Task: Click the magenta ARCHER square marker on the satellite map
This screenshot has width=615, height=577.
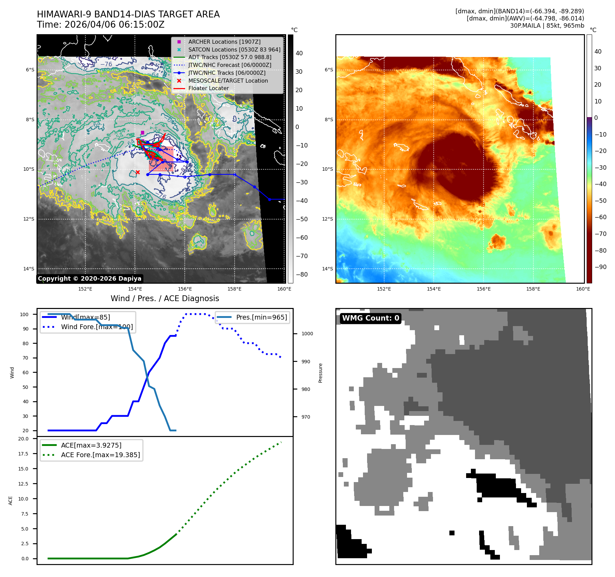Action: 142,133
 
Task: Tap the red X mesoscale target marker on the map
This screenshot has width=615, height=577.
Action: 138,172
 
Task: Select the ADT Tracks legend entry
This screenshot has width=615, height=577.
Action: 229,57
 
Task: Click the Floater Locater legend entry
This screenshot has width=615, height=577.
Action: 208,88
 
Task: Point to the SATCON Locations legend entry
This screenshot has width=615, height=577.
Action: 234,50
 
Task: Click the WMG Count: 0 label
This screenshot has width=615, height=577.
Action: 371,318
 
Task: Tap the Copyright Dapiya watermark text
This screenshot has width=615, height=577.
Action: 89,279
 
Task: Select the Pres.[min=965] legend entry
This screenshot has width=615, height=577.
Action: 261,317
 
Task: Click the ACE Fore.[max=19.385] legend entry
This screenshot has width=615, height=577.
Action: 100,455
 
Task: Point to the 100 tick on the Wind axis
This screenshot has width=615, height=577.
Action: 24,314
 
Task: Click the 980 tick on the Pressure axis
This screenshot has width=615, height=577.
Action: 306,389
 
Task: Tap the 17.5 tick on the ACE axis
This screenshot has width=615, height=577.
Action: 24,454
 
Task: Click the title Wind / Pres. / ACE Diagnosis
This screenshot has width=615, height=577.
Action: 165,298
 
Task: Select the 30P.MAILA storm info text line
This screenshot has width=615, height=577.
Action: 547,26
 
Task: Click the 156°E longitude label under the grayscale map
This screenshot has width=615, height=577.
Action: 185,289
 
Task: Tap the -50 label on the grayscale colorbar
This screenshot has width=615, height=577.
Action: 302,219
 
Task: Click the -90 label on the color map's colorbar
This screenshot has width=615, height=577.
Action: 600,267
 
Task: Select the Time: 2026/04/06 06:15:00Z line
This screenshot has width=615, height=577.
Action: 101,25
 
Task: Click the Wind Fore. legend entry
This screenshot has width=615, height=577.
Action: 97,327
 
